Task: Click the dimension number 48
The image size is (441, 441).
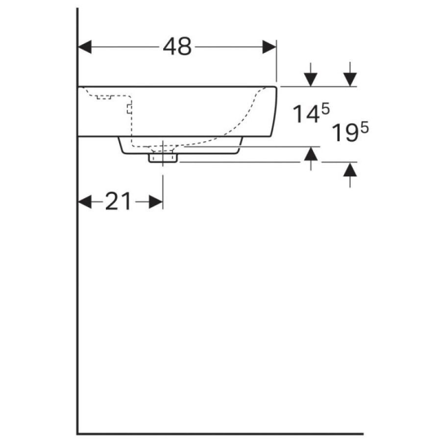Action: tap(177, 47)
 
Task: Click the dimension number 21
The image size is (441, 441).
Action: tap(118, 201)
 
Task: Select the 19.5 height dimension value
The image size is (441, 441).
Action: tap(350, 132)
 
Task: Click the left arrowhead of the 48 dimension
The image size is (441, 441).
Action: tap(85, 47)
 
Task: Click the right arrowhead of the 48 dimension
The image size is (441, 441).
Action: tap(269, 47)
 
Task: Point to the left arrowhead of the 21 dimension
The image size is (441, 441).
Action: tap(85, 202)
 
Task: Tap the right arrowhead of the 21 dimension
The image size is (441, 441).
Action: tap(156, 202)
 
